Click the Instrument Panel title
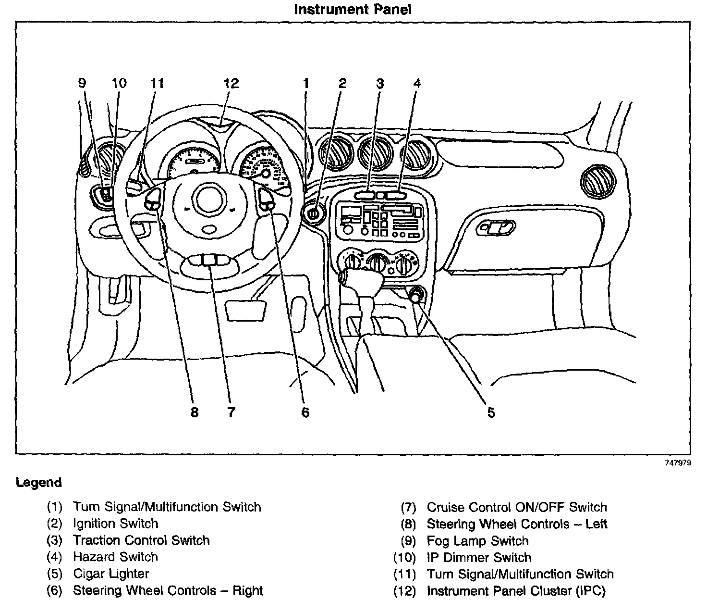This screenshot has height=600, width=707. [x=353, y=9]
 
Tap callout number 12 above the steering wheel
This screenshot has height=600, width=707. [x=231, y=83]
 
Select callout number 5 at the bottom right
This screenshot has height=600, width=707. [x=491, y=412]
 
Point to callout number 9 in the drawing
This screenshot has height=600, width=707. [x=82, y=83]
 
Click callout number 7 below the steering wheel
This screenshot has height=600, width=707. [x=231, y=412]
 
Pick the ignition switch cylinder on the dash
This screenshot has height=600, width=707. [x=313, y=212]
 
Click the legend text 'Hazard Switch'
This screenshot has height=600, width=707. [x=115, y=557]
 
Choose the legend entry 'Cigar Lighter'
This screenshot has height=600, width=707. [x=111, y=574]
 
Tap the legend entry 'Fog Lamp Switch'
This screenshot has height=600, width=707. [x=477, y=541]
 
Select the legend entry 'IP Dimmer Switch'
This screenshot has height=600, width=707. [x=479, y=558]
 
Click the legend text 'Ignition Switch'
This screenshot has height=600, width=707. [x=115, y=524]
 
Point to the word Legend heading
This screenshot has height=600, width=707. [x=38, y=482]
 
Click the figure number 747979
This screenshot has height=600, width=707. [x=677, y=463]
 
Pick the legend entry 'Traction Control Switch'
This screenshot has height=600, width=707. [x=141, y=540]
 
